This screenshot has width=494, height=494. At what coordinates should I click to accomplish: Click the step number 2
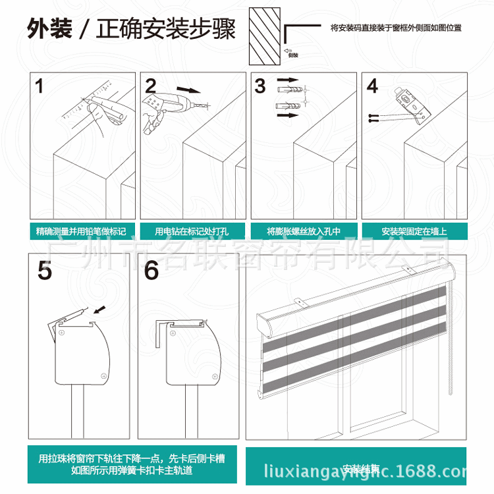click(x=151, y=86)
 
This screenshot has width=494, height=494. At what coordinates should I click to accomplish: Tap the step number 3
click(x=260, y=86)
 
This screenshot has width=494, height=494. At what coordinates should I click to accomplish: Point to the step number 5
click(x=44, y=271)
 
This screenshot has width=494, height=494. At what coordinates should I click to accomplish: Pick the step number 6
click(x=151, y=271)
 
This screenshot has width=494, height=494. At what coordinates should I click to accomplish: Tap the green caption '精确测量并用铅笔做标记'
click(x=81, y=231)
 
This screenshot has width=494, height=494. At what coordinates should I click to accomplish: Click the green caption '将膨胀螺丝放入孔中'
click(x=303, y=231)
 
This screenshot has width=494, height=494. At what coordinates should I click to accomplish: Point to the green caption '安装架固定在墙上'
click(x=414, y=231)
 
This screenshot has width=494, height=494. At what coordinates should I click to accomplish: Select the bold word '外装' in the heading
click(x=49, y=30)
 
